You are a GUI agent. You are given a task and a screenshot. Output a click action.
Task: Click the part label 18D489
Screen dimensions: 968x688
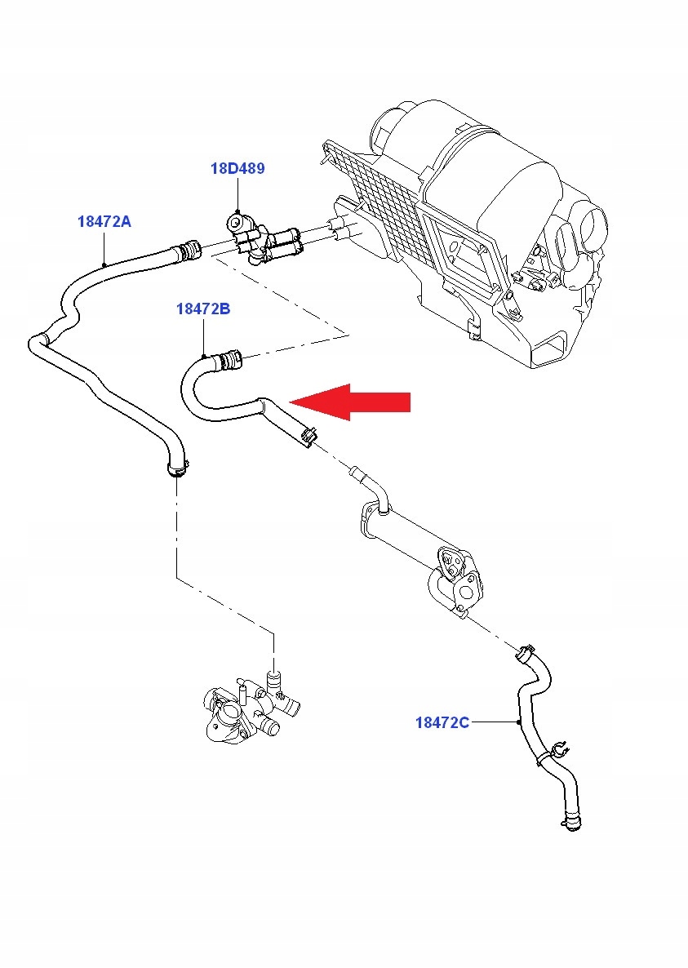[x=237, y=169]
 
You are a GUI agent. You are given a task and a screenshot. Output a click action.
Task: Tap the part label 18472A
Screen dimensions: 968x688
[x=104, y=220]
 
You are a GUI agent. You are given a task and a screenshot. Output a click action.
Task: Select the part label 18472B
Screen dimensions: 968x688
[x=203, y=309]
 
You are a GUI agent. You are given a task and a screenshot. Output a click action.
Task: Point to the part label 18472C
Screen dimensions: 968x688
[x=442, y=722]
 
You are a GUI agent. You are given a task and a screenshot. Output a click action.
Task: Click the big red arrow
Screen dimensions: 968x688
[x=351, y=402]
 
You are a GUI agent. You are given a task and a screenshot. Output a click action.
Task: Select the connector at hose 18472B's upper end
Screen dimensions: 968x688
[x=229, y=357]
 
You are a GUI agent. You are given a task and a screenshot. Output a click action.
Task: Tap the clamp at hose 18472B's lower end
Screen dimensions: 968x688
[x=308, y=437]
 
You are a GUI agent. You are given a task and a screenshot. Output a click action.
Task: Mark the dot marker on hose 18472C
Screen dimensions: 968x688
[x=519, y=722]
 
